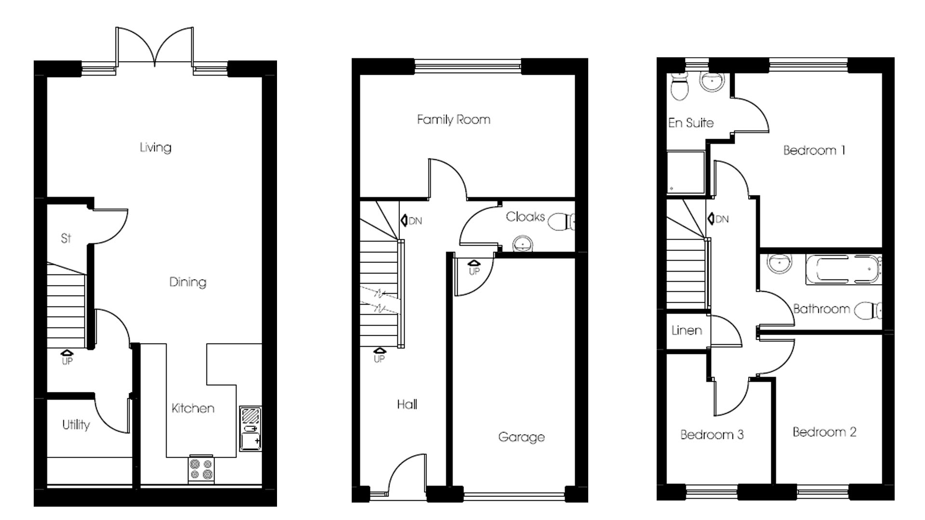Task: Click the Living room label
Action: (155, 147)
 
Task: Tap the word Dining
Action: (187, 282)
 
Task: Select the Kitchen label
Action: (193, 408)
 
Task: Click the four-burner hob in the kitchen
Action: (201, 469)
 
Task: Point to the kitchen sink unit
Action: (251, 429)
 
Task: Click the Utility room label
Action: (76, 425)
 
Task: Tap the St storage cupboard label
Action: (66, 238)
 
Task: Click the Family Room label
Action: (453, 119)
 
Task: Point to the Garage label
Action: (521, 437)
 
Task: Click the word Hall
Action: (407, 404)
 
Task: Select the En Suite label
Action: (690, 123)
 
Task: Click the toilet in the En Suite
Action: (680, 89)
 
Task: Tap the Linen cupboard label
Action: (686, 331)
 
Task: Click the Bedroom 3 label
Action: (712, 435)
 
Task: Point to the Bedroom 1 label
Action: (814, 151)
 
